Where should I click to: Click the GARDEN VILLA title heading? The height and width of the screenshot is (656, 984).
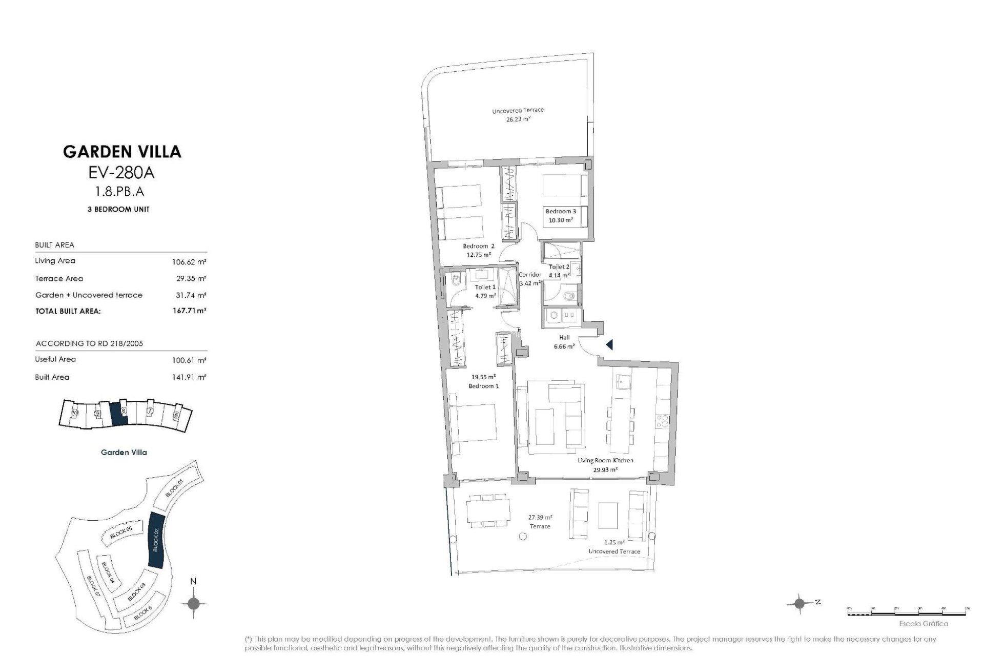(x=122, y=151)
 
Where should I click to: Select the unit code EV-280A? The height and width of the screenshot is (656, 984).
(x=122, y=173)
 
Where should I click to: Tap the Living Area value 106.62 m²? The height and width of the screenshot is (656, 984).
(x=189, y=262)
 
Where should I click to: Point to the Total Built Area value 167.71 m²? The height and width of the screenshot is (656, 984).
(x=189, y=311)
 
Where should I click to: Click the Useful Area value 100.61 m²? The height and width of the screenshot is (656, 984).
(x=189, y=360)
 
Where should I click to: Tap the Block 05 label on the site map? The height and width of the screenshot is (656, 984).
(x=121, y=533)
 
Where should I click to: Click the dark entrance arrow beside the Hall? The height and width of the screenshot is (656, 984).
(x=609, y=345)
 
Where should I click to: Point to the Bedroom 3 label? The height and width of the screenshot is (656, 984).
(x=560, y=211)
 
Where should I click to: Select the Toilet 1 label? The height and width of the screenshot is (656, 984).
(x=485, y=288)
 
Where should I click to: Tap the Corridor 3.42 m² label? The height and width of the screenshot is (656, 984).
(x=530, y=279)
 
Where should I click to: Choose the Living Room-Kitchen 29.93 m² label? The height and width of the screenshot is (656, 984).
(x=605, y=464)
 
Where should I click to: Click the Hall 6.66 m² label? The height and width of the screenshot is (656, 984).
(x=564, y=342)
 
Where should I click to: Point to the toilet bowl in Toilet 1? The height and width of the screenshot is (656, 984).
(x=455, y=280)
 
